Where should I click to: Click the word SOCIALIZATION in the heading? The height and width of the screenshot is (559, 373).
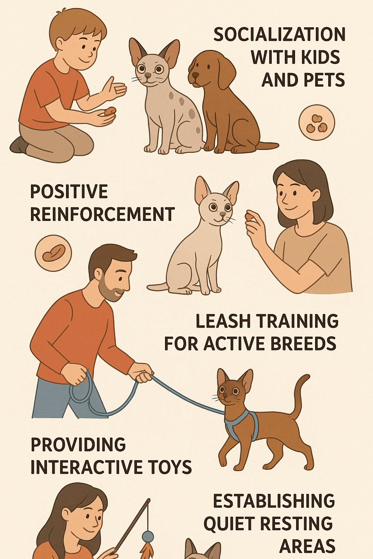pos(279,35)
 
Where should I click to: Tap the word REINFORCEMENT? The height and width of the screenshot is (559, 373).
pos(102,214)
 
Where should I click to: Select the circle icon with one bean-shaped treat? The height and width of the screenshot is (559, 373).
pos(53,253)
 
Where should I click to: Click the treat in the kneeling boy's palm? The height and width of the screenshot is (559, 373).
pos(110,111)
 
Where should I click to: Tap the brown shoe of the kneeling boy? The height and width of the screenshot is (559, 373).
pos(18,146)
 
